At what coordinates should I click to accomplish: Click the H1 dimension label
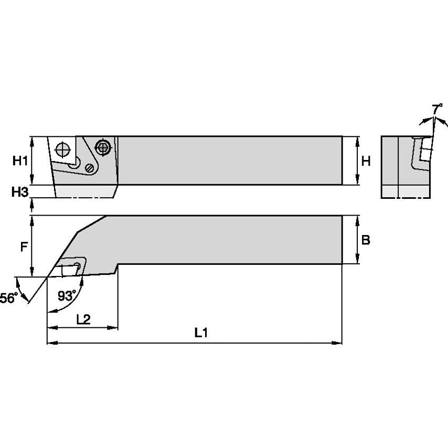pos(19,161)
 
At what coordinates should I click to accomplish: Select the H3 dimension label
pos(19,192)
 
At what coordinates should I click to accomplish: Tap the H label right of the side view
pos(366,161)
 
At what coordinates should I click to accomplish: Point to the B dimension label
pos(366,240)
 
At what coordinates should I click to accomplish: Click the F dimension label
pos(23,247)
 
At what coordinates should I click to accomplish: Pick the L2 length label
pos(82,319)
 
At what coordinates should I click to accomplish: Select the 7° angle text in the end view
pos(436,109)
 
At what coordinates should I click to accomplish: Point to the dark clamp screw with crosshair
pos(103,147)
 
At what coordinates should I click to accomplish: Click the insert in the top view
pos(70,267)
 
